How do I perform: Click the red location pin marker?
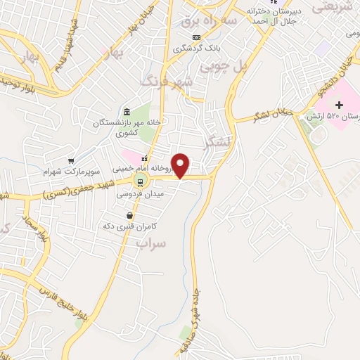181,165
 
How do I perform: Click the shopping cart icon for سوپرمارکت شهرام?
71,161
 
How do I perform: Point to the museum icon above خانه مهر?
126,112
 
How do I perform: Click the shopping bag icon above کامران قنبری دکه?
130,214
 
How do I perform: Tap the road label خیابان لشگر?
272,113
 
